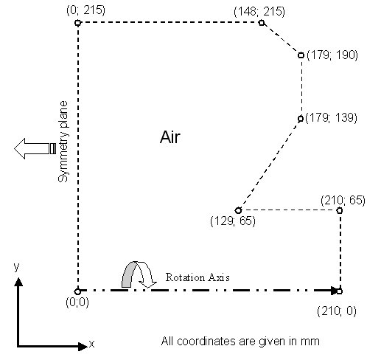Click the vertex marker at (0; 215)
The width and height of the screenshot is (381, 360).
pos(77,23)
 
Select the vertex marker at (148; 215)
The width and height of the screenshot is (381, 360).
pos(262,23)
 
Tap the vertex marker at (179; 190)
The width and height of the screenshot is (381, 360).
pos(301,55)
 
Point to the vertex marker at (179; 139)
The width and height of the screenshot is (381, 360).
pos(301,119)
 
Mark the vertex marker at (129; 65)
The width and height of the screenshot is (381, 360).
pos(238,210)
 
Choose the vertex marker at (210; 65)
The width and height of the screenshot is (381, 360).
pos(340,210)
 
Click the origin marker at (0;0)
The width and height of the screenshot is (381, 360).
pos(77,291)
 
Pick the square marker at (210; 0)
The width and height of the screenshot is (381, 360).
pos(340,291)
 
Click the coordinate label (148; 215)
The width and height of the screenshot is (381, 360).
pos(259,12)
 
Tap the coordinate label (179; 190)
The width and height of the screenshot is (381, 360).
pos(332,55)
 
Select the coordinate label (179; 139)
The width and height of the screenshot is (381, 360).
pos(331,117)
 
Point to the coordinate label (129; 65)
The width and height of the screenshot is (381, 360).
pos(233,221)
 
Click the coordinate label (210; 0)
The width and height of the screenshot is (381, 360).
pos(337,311)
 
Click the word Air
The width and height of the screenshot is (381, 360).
pos(170,137)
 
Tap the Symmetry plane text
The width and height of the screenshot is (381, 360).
pos(63,142)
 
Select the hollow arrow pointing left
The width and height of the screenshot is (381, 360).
pos(35,148)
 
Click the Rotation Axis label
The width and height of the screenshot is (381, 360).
pos(198,277)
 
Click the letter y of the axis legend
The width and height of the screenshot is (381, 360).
pos(16,266)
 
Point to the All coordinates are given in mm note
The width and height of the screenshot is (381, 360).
pos(240,342)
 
